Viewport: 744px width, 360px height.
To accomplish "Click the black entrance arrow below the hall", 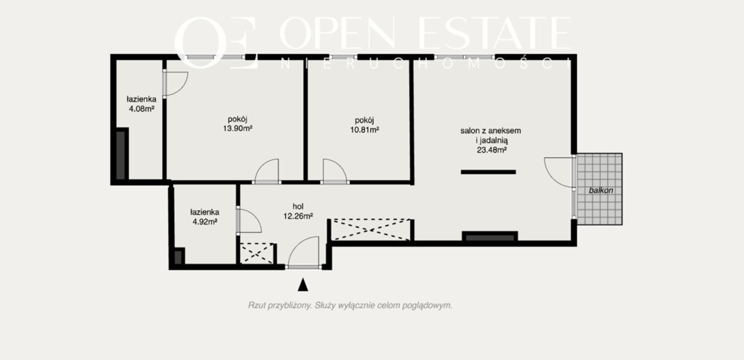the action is tap(303, 285).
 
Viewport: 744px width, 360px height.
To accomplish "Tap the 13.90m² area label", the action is tap(238, 129).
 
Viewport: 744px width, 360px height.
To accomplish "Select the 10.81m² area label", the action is tap(364, 130).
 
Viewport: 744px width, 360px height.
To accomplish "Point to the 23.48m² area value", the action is tap(492, 150).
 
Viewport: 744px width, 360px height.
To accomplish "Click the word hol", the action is tap(298, 206).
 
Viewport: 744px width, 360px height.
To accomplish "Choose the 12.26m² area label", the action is tap(298, 216).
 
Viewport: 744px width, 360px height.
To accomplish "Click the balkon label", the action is tap(601, 191).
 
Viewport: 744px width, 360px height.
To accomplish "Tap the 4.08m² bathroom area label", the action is tap(141, 109).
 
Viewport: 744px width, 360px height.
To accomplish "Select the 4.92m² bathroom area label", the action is tap(205, 222).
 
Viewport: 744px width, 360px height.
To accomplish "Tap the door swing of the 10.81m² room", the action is tap(339, 166).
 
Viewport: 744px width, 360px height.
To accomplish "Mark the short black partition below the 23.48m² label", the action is tap(488, 172).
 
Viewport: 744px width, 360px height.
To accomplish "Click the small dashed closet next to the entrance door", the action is tap(257, 254).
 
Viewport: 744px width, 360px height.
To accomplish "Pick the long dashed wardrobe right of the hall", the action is tap(371, 229).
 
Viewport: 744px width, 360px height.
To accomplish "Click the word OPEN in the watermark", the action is tap(338, 33).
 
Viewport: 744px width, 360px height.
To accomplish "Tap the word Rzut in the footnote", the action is tap(256, 305).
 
